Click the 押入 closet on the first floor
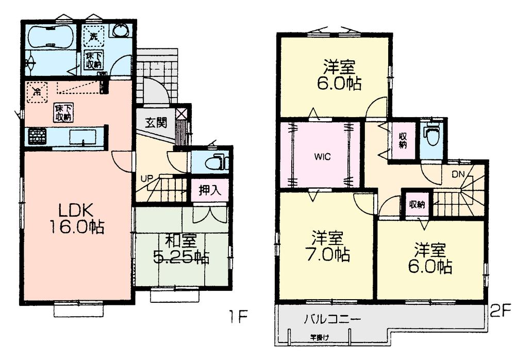click(x=210, y=190)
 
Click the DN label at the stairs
click(x=458, y=175)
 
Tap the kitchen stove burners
click(x=37, y=137)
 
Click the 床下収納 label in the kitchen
click(x=61, y=112)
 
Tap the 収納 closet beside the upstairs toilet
click(x=403, y=140)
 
